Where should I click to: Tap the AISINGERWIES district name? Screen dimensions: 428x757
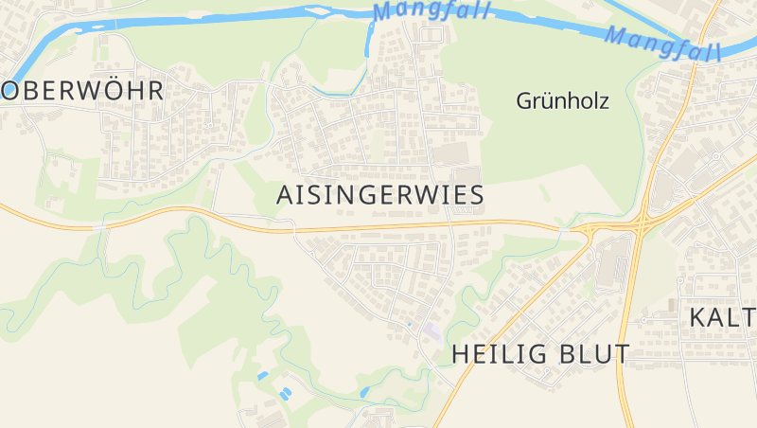click(x=380, y=195)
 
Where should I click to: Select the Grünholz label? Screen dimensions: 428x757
click(x=562, y=100)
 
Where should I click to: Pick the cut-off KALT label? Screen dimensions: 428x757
click(x=721, y=317)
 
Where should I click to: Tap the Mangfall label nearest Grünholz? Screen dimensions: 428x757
click(x=662, y=42)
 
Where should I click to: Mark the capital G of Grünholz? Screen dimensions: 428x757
click(x=525, y=100)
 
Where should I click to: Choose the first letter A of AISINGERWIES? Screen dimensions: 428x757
click(x=285, y=195)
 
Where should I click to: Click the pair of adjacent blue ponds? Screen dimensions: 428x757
click(x=283, y=391)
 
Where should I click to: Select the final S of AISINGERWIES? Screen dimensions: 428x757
click(x=476, y=195)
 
